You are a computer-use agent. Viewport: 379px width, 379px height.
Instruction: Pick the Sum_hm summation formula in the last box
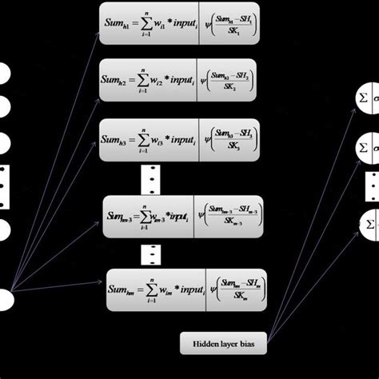pyautogui.click(x=157, y=289)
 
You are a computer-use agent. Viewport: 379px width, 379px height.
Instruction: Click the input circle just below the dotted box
pyautogui.click(x=4, y=231)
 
